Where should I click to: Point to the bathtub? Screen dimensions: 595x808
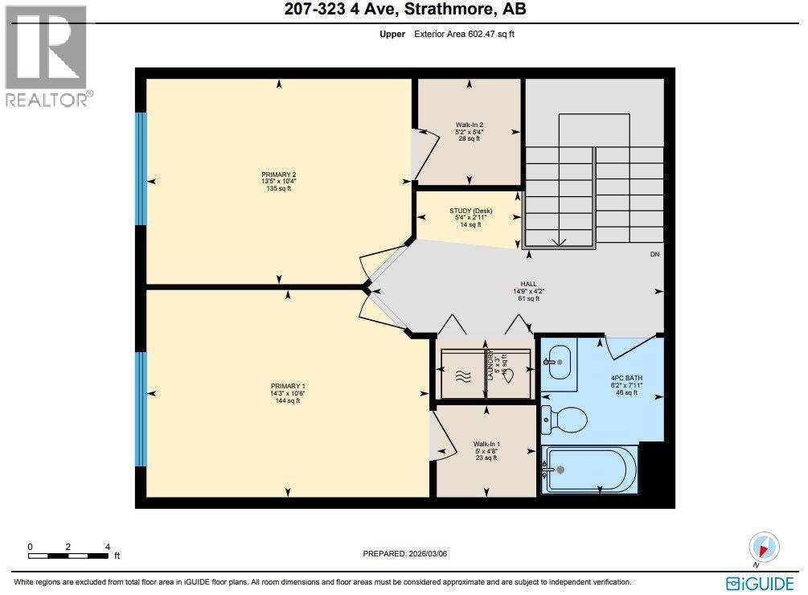pos(591,469)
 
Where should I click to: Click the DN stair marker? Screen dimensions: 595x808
pos(654,255)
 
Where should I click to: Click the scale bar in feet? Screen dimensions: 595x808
pos(68,552)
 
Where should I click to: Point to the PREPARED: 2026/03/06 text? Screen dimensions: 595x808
pos(404,553)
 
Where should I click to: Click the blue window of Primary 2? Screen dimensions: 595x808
pos(142,167)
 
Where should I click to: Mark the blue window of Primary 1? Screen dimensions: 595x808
pos(142,408)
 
